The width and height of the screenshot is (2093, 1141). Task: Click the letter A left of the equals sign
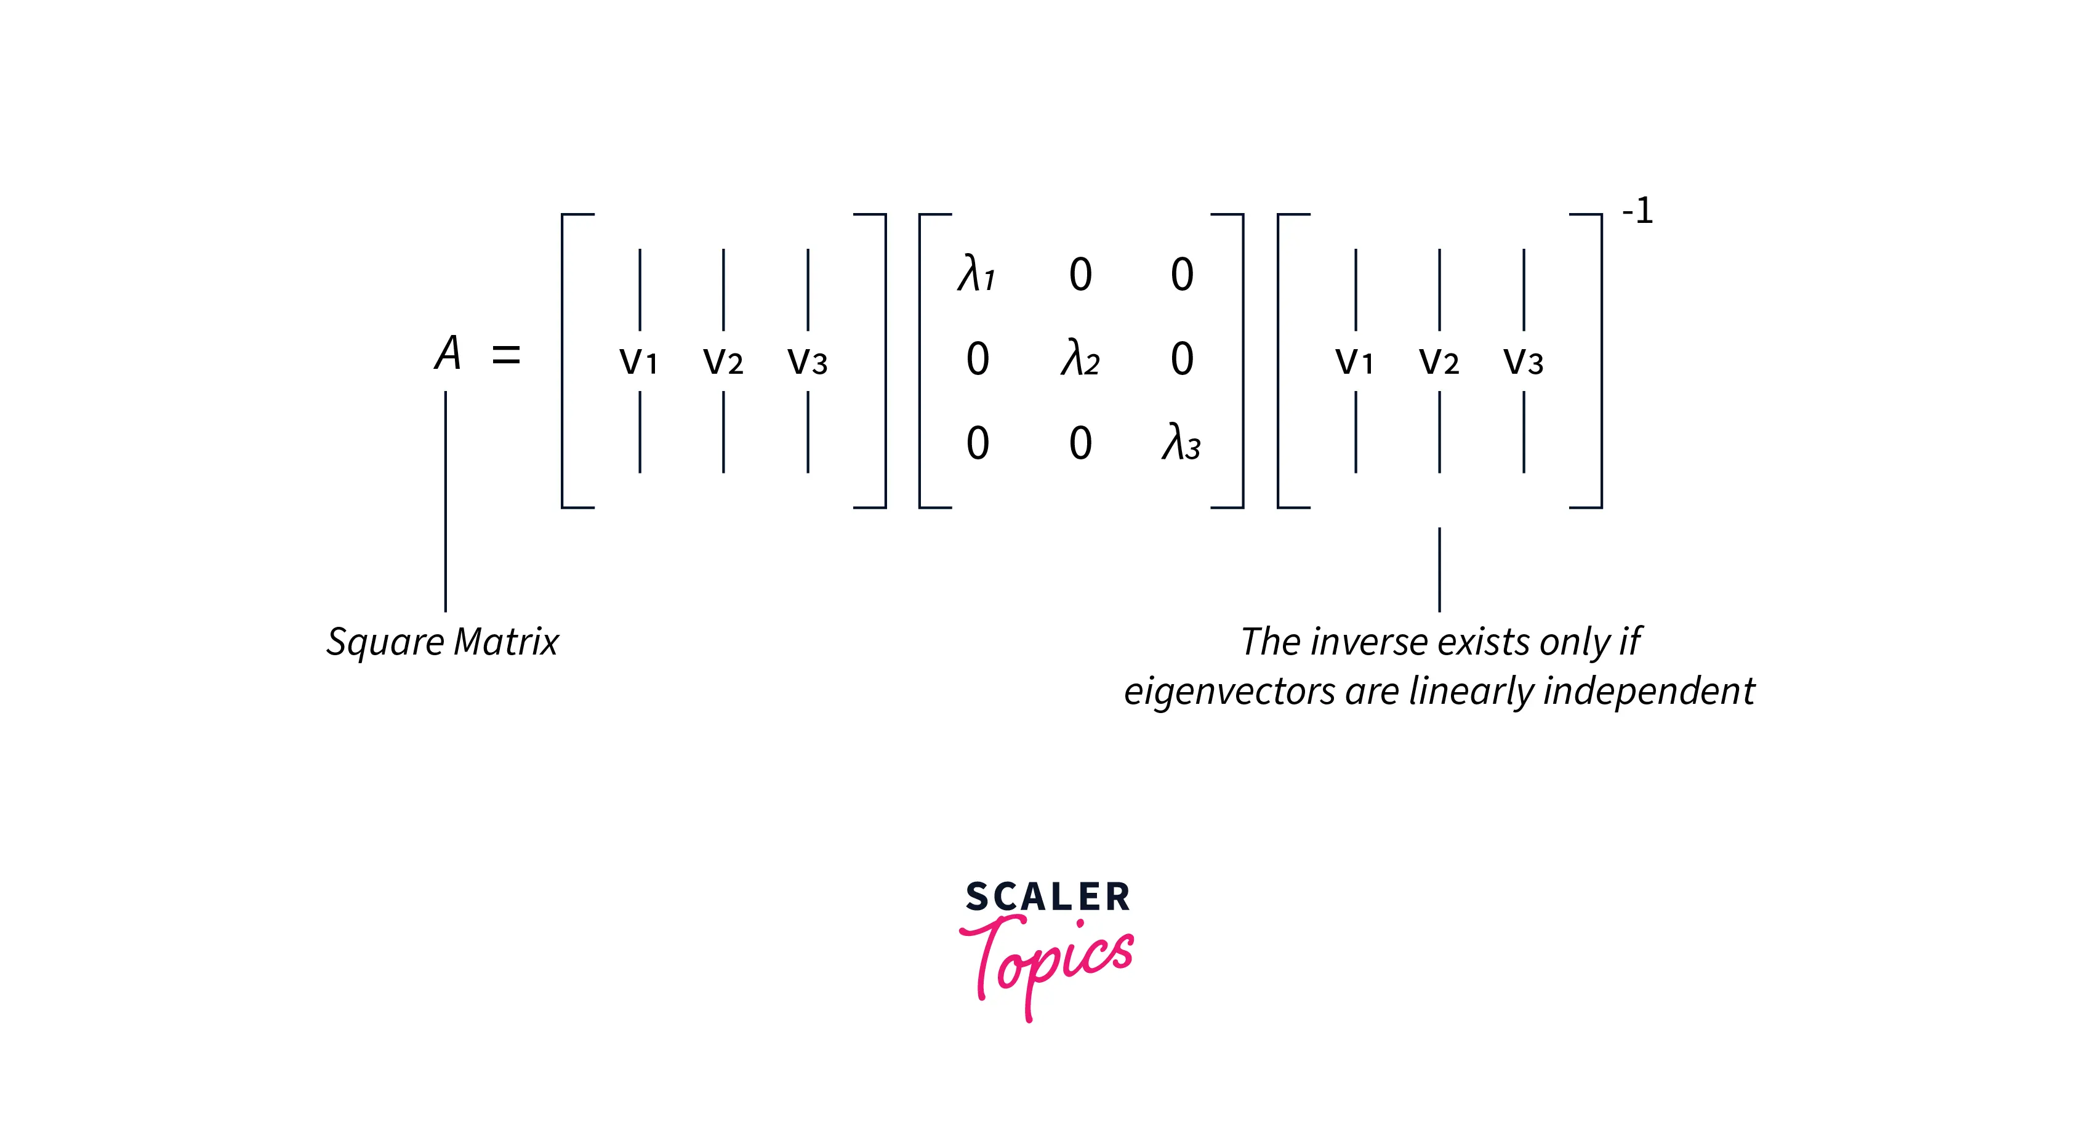pyautogui.click(x=448, y=353)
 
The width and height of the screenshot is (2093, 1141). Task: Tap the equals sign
pyautogui.click(x=505, y=354)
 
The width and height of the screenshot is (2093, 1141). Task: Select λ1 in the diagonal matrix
pyautogui.click(x=976, y=274)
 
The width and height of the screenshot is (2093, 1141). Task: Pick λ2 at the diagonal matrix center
pyautogui.click(x=1080, y=358)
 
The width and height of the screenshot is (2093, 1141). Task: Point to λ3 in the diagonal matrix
pyautogui.click(x=1181, y=443)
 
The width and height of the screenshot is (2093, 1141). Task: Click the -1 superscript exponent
pyautogui.click(x=1637, y=211)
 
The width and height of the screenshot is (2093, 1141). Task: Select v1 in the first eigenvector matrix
pyautogui.click(x=638, y=360)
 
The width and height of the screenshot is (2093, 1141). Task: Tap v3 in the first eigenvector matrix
pyautogui.click(x=808, y=360)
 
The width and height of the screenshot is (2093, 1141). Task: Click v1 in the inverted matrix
pyautogui.click(x=1354, y=360)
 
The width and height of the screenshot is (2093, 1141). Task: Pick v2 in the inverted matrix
pyautogui.click(x=1439, y=360)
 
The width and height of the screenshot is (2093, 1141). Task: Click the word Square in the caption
pyautogui.click(x=385, y=643)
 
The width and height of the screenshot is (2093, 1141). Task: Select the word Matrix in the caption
pyautogui.click(x=506, y=642)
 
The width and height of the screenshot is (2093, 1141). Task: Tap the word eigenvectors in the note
pyautogui.click(x=1229, y=692)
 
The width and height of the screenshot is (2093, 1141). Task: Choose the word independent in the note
pyautogui.click(x=1649, y=692)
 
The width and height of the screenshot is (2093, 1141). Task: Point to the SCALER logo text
pyautogui.click(x=1047, y=897)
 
